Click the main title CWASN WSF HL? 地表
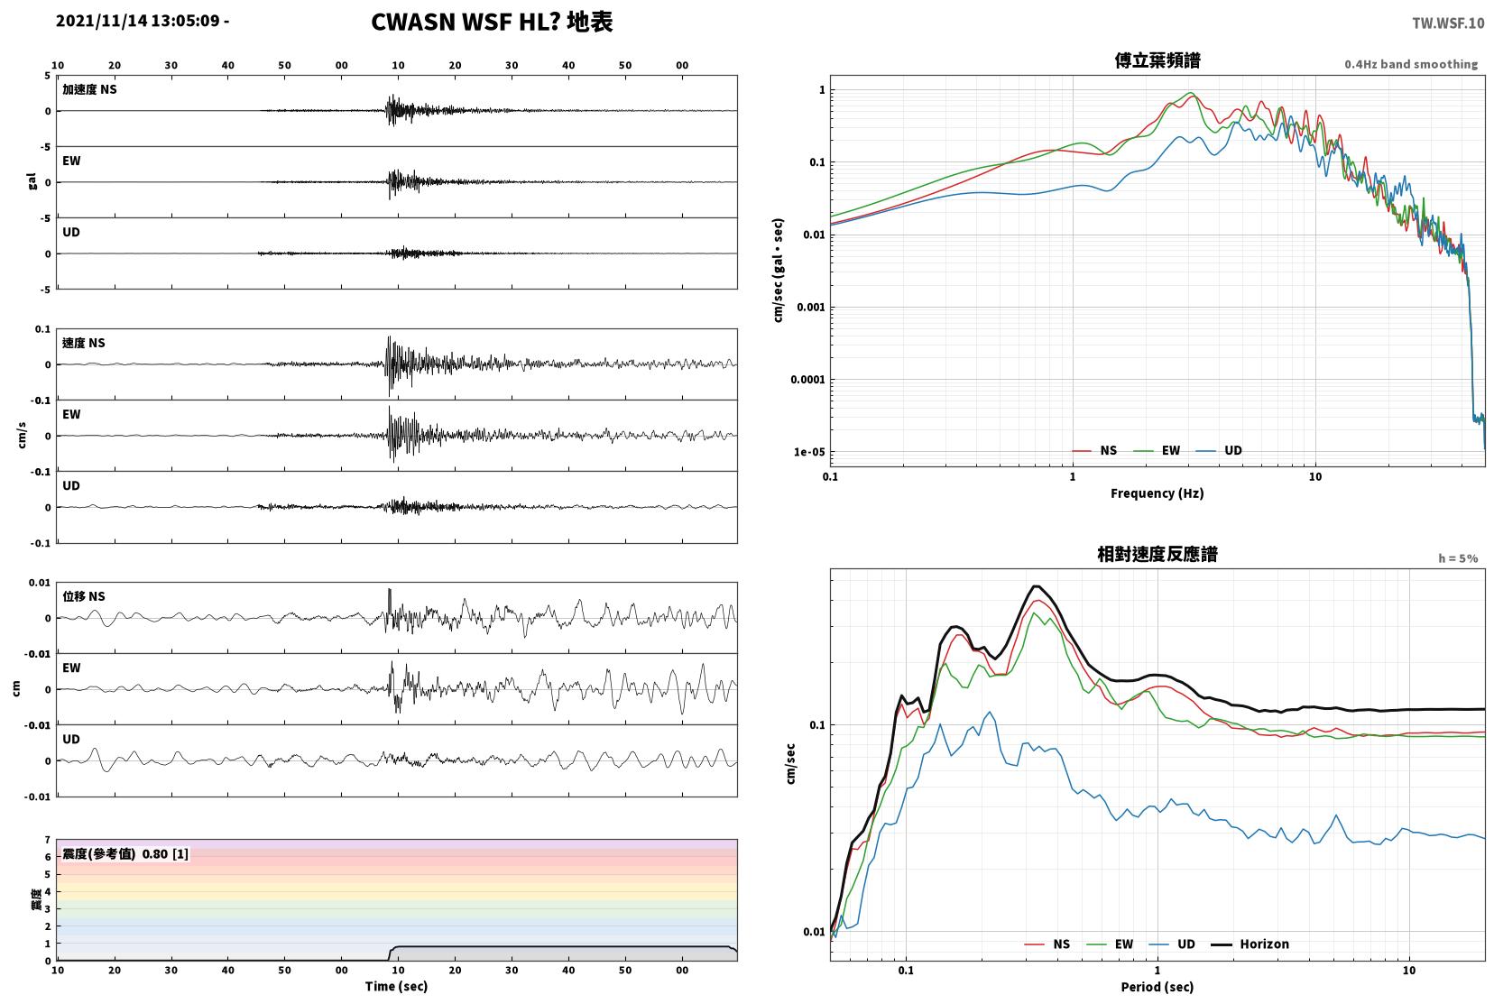(492, 22)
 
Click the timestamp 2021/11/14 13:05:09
(137, 21)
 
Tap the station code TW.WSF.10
(1448, 23)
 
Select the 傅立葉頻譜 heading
(1157, 60)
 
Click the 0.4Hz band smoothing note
(1411, 65)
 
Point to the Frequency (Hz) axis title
(1157, 493)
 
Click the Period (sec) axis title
(1157, 987)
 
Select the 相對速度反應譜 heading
(1157, 554)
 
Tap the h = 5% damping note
(1458, 558)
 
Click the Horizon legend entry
(1250, 944)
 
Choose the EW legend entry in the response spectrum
(1110, 944)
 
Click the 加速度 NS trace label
(89, 89)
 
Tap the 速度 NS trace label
(83, 343)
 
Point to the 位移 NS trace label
(83, 596)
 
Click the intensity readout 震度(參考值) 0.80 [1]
(125, 854)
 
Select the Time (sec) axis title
(396, 986)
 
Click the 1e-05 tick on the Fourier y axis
(809, 452)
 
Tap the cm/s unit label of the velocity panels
(22, 436)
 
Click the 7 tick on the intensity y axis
(47, 840)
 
